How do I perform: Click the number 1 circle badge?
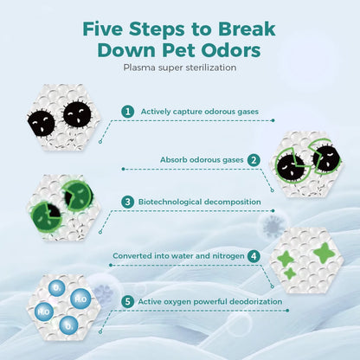pyautogui.click(x=128, y=112)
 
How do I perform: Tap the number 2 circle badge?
pyautogui.click(x=254, y=160)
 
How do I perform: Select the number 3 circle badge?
pyautogui.click(x=128, y=202)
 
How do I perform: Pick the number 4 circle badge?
pyautogui.click(x=254, y=256)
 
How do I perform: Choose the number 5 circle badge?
pyautogui.click(x=128, y=302)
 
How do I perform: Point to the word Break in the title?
pyautogui.click(x=247, y=29)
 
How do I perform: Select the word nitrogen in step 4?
pyautogui.click(x=228, y=256)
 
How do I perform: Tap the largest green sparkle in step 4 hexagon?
pyautogui.click(x=325, y=253)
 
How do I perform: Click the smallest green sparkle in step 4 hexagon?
pyautogui.click(x=289, y=273)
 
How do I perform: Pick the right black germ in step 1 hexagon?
pyautogui.click(x=77, y=113)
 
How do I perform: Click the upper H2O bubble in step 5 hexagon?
pyautogui.click(x=80, y=299)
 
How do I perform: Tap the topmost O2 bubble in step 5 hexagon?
pyautogui.click(x=57, y=288)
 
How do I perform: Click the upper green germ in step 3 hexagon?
pyautogui.click(x=78, y=196)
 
